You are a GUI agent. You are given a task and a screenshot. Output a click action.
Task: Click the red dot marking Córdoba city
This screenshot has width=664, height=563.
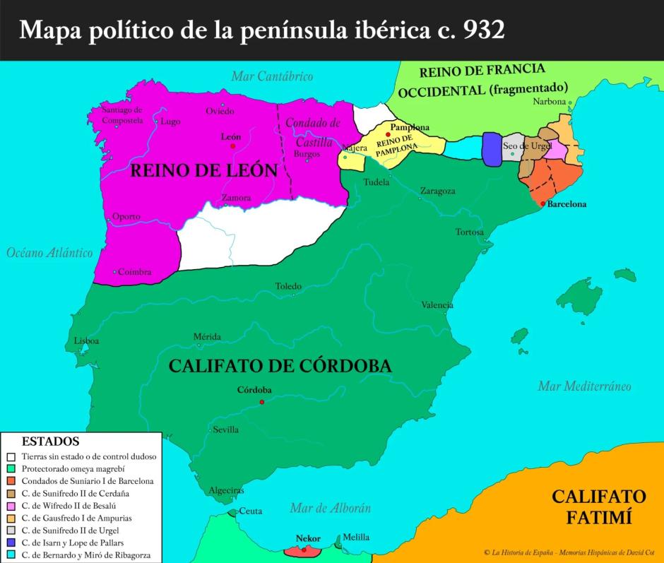tap(262, 402)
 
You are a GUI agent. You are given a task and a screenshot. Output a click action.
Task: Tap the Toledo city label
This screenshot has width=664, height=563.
tap(288, 286)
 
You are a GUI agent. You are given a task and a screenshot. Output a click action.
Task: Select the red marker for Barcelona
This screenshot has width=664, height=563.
tap(543, 203)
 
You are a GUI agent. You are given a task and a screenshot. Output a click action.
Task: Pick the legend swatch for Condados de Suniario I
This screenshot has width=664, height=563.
tap(11, 480)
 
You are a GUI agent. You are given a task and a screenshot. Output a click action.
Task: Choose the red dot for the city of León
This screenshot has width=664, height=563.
tap(232, 146)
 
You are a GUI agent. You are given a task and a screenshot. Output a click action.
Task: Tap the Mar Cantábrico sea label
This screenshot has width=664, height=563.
tap(271, 76)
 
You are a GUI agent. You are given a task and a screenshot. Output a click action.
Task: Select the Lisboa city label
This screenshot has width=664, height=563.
tap(86, 340)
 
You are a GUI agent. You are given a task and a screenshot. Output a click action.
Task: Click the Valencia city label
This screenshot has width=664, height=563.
tap(437, 305)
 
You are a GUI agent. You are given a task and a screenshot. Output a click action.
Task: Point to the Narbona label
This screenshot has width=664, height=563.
tap(549, 102)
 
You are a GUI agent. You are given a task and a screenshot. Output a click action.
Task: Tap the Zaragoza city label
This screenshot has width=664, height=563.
tap(437, 191)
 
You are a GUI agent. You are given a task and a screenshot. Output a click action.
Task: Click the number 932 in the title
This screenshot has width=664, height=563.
tap(482, 30)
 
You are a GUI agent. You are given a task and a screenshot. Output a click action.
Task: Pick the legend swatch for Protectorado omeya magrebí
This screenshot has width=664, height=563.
tap(11, 468)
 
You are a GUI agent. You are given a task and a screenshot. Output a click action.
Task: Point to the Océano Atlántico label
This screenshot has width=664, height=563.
tap(50, 252)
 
